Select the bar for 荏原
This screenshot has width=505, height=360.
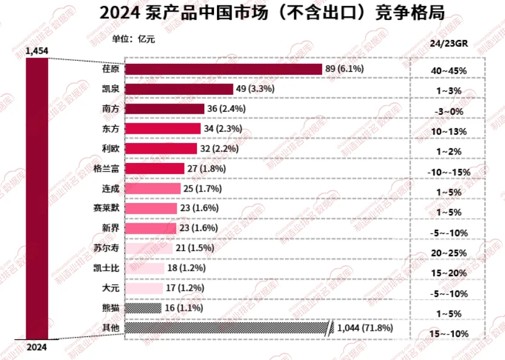223,69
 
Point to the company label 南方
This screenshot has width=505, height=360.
110,109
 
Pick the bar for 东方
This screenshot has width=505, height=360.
162,128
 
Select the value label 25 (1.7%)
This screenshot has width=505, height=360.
202,189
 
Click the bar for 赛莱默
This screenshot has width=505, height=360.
152,208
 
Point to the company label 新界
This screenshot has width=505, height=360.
110,228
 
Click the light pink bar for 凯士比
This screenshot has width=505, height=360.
144,268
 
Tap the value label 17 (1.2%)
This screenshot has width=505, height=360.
185,288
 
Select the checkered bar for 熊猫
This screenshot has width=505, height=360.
143,308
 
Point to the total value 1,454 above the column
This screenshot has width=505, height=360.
36,51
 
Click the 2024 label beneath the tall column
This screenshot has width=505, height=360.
36,348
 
